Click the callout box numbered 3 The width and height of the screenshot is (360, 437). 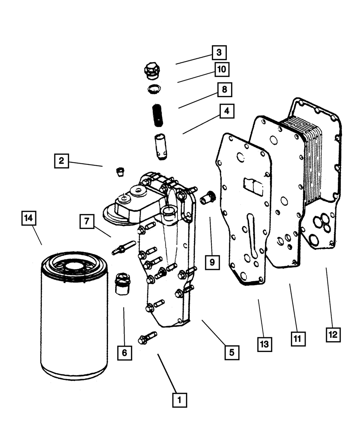tap(219, 53)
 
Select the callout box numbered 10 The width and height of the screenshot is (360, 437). tap(222, 69)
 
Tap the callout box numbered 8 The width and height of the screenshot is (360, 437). tap(225, 90)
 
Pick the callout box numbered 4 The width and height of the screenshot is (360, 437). tap(226, 111)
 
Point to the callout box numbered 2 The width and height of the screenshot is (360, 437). tap(62, 161)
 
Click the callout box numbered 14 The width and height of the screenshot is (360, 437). tap(29, 218)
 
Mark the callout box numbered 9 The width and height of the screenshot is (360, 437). tap(212, 262)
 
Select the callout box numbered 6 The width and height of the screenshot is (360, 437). tap(124, 353)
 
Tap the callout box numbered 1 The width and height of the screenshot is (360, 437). tap(180, 400)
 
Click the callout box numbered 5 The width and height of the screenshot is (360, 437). tap(231, 352)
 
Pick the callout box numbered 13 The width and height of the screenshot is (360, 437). tap(265, 344)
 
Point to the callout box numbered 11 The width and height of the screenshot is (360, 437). tap(298, 338)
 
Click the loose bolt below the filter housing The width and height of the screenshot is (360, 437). tap(147, 338)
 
